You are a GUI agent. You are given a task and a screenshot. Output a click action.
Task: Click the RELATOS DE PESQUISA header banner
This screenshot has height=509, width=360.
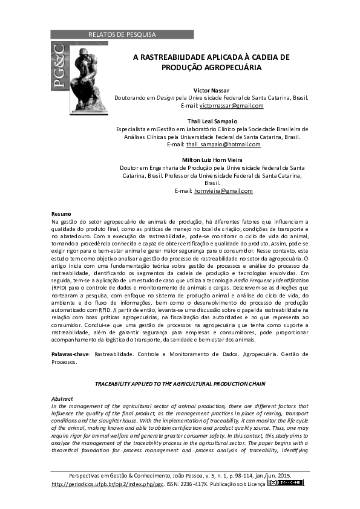pos(122,34)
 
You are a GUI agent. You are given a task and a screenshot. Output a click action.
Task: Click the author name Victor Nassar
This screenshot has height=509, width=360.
pos(211,90)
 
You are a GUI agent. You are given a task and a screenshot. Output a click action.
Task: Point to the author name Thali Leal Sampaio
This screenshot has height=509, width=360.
pos(211,121)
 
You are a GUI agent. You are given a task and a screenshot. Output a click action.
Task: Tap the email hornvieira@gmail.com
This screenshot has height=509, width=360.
pos(223,191)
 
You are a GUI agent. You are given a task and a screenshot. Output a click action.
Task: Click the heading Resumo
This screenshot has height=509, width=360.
pos(61,215)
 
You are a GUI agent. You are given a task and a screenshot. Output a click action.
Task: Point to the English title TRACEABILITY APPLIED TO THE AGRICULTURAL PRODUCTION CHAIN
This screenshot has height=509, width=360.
pos(180,384)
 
